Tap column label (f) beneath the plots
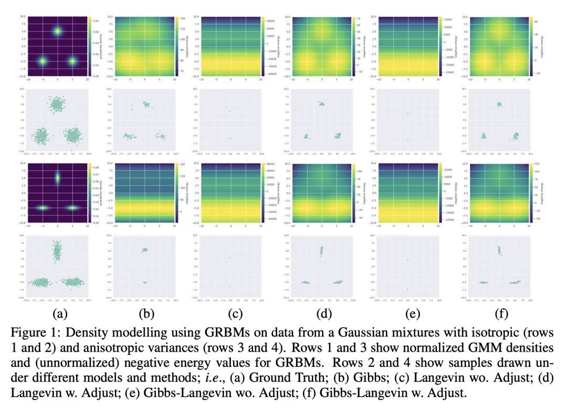[499, 315]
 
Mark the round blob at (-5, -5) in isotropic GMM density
[43, 62]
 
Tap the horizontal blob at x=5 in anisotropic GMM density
[72, 208]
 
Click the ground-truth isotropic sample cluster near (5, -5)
[72, 136]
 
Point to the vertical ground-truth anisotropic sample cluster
[57, 252]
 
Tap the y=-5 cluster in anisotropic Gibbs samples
[144, 283]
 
